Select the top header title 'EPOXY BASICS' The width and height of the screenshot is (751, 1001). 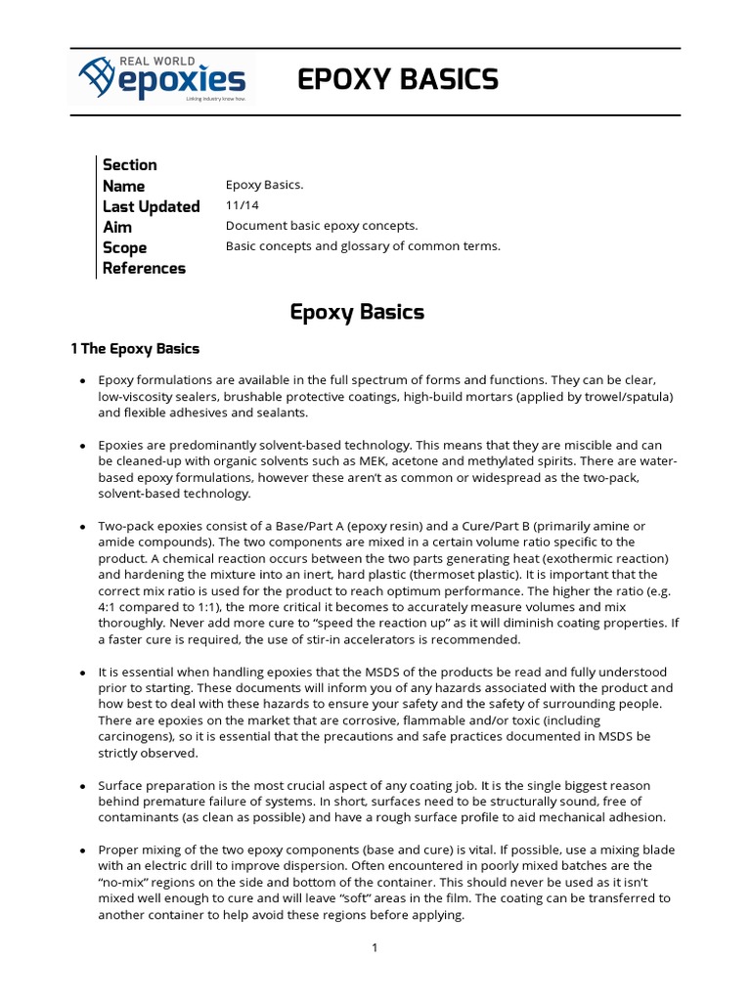(398, 80)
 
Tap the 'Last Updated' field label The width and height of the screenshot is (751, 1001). (151, 206)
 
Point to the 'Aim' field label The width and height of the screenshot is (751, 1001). (116, 227)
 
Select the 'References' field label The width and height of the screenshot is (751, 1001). (144, 268)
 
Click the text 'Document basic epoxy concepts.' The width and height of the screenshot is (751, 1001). (321, 226)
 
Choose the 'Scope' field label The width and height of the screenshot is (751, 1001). (124, 247)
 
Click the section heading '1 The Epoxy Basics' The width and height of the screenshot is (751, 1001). (135, 349)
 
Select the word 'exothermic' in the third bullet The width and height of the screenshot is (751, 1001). (555, 558)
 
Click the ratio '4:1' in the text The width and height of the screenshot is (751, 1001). (110, 607)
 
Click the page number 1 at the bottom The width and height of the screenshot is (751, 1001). (375, 948)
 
